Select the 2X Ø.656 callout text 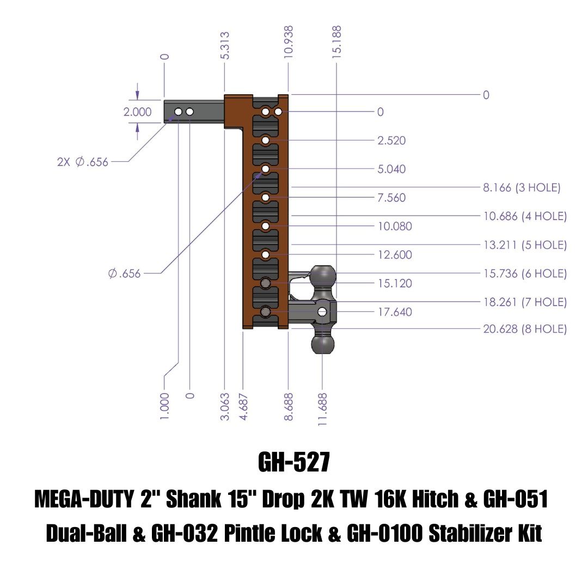click(x=83, y=162)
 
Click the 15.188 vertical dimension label click(x=337, y=41)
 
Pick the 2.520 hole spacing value click(x=391, y=140)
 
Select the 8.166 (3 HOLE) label click(x=522, y=188)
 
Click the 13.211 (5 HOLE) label click(x=525, y=245)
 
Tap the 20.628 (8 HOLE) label click(x=525, y=329)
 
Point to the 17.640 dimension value click(x=395, y=312)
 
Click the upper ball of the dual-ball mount click(x=323, y=275)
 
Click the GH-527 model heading click(x=294, y=463)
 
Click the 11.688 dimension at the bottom click(x=323, y=409)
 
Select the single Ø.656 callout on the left click(x=125, y=273)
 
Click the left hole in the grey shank click(x=178, y=112)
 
